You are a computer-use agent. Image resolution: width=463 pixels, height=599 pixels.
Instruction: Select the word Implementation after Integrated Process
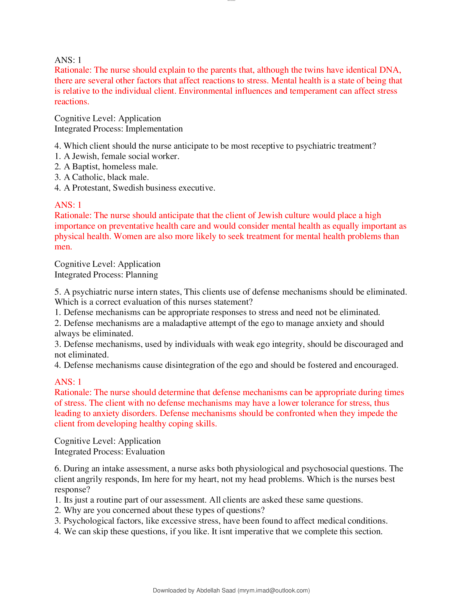click(154, 129)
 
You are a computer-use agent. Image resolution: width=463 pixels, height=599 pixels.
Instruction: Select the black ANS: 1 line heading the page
click(68, 60)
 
